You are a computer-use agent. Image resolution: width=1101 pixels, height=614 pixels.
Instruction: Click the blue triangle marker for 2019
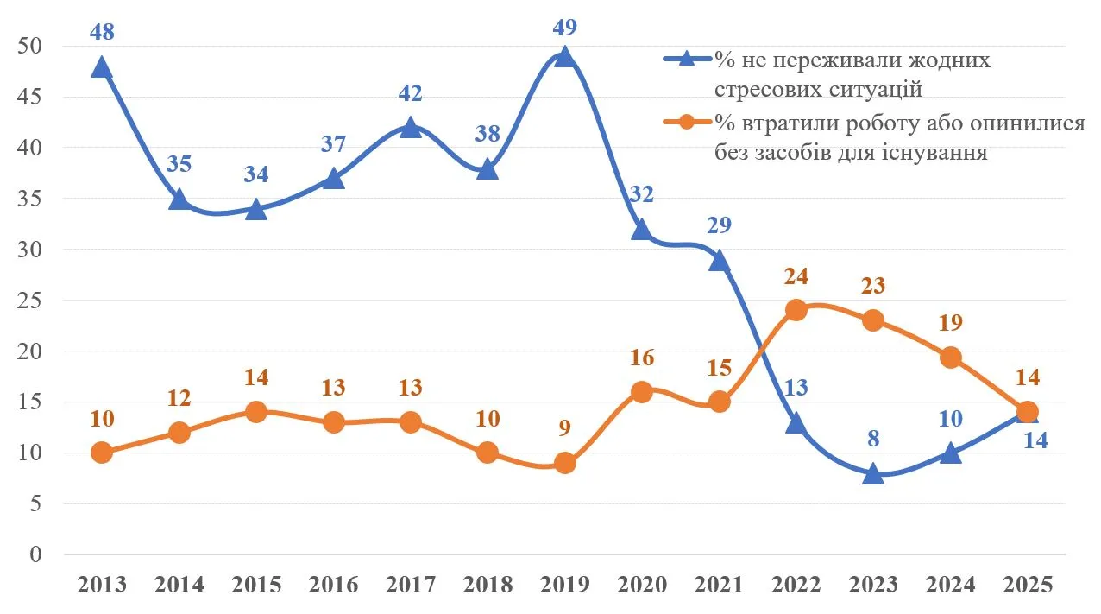[x=564, y=57]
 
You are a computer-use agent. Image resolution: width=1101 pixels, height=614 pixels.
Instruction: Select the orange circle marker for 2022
[x=796, y=310]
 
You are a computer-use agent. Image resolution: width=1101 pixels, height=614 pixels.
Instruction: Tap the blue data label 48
[x=101, y=32]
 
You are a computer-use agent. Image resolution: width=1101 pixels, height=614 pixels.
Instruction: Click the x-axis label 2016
[x=334, y=585]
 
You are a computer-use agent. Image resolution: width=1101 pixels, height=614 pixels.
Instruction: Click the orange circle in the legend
[x=687, y=123]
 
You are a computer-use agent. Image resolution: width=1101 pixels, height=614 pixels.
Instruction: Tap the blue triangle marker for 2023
[x=873, y=473]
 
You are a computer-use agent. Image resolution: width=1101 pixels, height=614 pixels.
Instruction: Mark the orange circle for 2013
[x=101, y=453]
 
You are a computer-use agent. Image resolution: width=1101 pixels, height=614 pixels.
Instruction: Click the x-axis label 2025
[x=1028, y=585]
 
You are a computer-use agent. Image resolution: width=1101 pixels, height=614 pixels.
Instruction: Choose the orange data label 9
[x=564, y=427]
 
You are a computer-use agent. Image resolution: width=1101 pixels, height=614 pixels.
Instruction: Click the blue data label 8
[x=873, y=439]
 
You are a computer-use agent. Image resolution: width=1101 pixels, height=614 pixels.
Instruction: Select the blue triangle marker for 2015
[x=256, y=210]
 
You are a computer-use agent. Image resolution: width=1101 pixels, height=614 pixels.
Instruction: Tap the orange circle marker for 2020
[x=642, y=391]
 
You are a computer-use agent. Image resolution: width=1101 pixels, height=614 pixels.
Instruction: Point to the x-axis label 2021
[x=720, y=585]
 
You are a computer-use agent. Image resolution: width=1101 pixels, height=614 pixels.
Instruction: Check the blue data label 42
[x=411, y=93]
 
